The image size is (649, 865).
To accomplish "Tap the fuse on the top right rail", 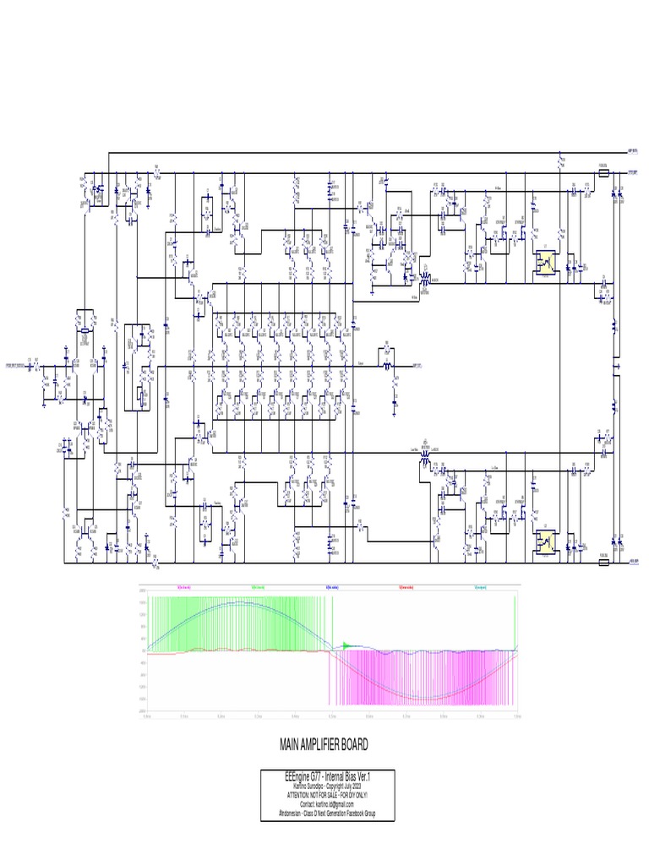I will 603,173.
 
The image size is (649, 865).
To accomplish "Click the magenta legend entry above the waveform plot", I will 183,586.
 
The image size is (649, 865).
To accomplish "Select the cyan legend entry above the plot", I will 481,586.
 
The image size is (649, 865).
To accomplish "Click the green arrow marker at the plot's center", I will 345,646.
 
